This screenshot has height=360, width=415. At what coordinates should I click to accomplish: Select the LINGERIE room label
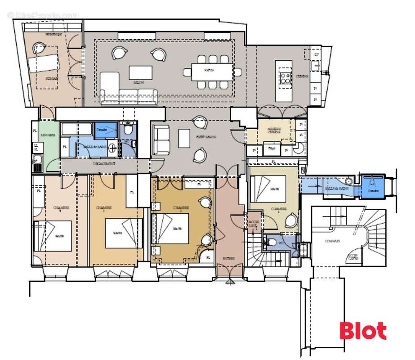[47, 135]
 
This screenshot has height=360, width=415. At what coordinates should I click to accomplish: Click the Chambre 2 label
[181, 208]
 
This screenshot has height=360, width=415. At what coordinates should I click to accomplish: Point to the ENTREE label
[229, 259]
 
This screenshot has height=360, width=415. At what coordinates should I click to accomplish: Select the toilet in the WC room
[271, 243]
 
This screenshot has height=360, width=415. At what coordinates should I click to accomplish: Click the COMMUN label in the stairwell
[332, 241]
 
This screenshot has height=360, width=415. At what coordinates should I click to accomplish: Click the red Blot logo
[363, 331]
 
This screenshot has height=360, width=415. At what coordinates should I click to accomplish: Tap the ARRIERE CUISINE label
[274, 130]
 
